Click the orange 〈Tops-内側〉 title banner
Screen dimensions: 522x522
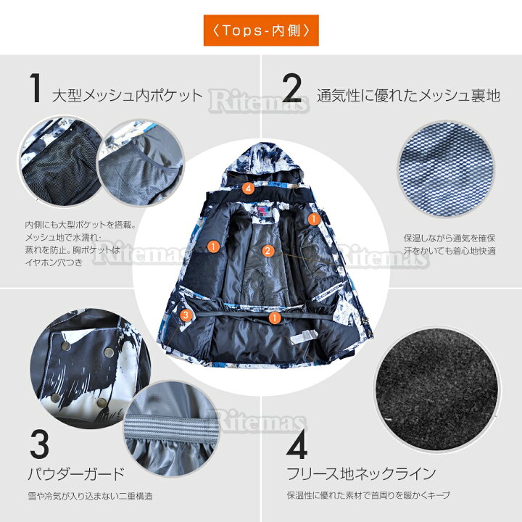(261, 30)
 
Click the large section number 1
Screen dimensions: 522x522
(36, 88)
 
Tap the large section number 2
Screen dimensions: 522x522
(291, 88)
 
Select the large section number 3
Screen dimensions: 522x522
(39, 444)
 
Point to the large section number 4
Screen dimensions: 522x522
(297, 444)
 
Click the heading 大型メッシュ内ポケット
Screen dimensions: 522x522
(128, 96)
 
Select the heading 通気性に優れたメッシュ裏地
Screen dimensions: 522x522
(408, 95)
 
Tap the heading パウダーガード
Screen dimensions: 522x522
(76, 473)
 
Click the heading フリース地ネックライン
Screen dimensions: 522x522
(362, 473)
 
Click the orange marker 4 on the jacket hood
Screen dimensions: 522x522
(248, 188)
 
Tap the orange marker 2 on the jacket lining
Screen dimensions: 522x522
(268, 251)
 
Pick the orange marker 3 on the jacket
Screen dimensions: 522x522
(186, 315)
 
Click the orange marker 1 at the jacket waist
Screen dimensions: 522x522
(275, 318)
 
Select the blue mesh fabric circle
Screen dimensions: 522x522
(446, 169)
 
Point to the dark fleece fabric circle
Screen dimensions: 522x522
(438, 389)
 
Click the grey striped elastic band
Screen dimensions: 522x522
(171, 428)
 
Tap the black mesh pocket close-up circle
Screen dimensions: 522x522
(61, 162)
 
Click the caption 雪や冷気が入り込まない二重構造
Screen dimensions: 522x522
(90, 497)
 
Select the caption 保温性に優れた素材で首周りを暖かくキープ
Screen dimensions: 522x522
(368, 495)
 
